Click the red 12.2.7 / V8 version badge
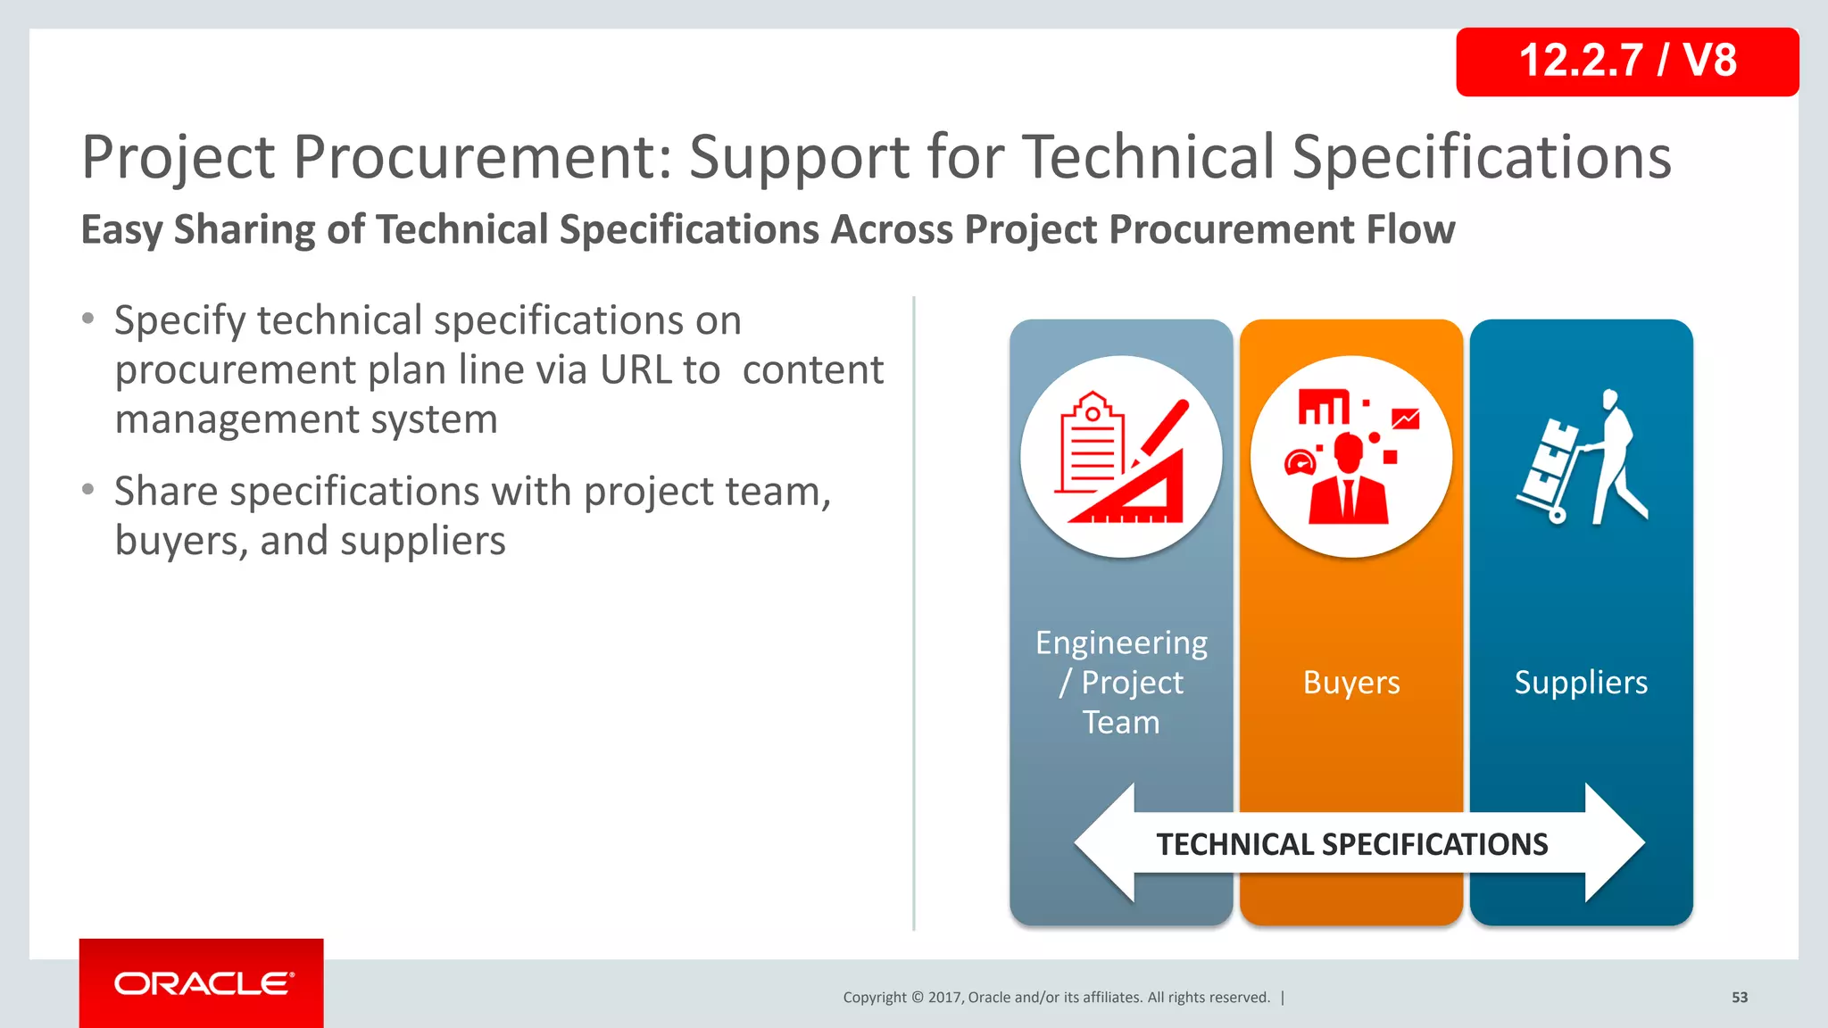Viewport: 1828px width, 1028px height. click(1626, 62)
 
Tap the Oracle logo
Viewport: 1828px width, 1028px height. click(203, 983)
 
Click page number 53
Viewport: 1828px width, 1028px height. click(1740, 998)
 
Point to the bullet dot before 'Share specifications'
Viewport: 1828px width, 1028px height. click(87, 489)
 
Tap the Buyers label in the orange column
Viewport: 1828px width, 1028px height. click(1350, 683)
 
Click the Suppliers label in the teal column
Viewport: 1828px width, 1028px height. click(1581, 683)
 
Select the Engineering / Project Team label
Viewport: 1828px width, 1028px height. click(1121, 683)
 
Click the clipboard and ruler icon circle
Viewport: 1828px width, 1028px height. click(1121, 457)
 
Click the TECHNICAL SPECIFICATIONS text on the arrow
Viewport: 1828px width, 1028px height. click(1351, 844)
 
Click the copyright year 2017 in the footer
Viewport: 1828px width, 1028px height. click(944, 998)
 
